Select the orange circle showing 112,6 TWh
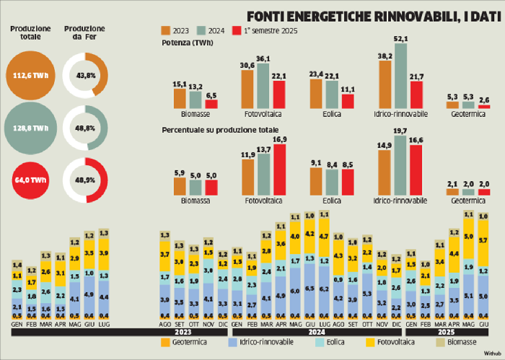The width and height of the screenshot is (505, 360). click(x=30, y=76)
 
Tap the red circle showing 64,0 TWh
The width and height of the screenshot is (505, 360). click(x=30, y=177)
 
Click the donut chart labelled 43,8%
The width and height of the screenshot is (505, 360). click(x=84, y=76)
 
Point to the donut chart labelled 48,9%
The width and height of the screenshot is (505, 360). click(x=84, y=177)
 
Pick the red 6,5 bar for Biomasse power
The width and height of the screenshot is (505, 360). click(x=211, y=103)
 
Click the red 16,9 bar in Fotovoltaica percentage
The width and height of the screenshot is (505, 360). click(x=279, y=170)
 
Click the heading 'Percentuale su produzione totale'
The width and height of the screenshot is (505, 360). click(x=211, y=130)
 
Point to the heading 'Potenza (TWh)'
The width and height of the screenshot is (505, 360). click(x=188, y=43)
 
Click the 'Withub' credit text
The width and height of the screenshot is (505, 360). click(x=491, y=354)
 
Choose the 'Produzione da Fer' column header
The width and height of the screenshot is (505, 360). click(x=84, y=32)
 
